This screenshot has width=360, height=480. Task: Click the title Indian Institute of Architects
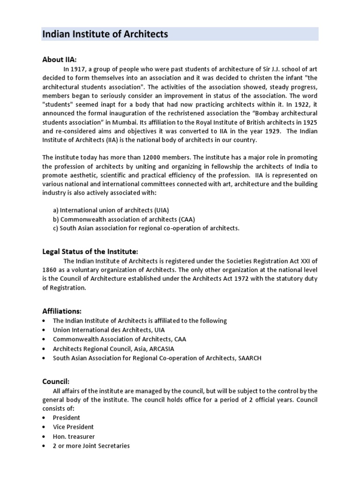click(x=105, y=34)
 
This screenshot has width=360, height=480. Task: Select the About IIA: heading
click(x=59, y=60)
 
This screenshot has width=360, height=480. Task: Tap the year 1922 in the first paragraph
click(x=299, y=104)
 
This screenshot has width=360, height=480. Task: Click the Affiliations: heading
click(x=62, y=311)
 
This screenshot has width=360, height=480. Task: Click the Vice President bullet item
click(x=73, y=427)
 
